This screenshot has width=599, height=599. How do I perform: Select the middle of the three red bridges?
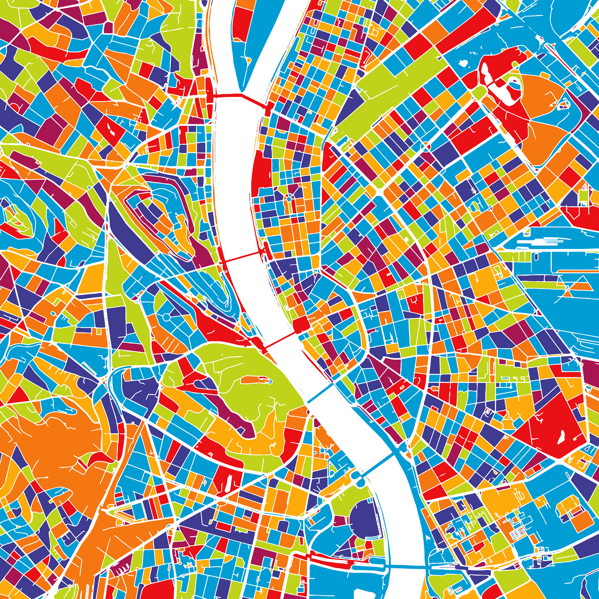243,257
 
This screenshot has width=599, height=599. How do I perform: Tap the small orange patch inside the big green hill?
255,380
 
